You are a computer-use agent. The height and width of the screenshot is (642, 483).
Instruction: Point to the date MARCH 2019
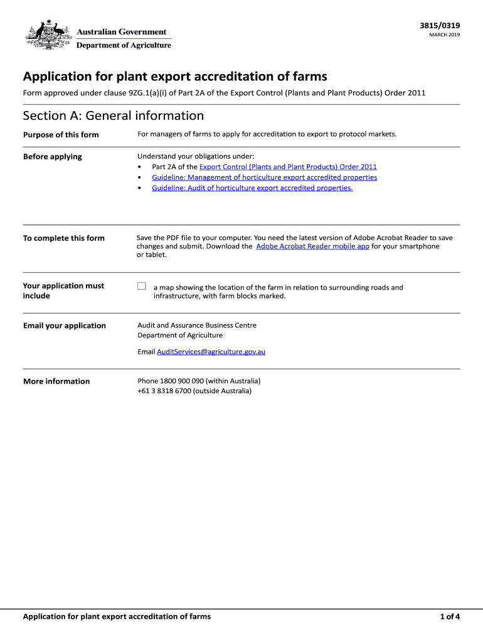click(444, 35)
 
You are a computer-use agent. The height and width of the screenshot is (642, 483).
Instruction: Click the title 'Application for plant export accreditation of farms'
click(175, 76)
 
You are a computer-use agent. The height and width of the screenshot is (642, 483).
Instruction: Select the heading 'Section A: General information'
click(113, 115)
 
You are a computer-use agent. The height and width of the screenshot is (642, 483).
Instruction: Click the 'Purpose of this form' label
click(61, 135)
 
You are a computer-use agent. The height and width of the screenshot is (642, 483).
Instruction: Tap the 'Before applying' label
click(53, 157)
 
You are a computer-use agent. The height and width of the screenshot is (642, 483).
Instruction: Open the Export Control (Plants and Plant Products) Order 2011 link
click(288, 167)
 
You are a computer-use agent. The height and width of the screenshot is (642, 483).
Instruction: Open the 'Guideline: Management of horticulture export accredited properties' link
click(264, 177)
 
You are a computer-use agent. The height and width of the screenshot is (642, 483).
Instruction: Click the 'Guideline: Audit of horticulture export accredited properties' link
click(252, 188)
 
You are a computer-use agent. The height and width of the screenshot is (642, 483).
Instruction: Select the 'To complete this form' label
click(64, 238)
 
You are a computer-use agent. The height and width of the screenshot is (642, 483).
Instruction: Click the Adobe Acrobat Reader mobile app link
click(312, 246)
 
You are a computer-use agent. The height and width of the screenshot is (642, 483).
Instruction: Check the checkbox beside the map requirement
click(142, 287)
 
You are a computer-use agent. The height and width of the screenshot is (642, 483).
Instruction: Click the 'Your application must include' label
click(63, 291)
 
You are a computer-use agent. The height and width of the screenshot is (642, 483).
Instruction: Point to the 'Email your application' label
click(65, 326)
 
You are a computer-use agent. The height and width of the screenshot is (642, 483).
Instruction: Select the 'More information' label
click(56, 382)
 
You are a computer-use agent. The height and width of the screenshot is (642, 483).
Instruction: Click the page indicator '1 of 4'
click(450, 616)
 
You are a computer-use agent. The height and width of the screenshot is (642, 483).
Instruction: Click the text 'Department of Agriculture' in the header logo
click(124, 45)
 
